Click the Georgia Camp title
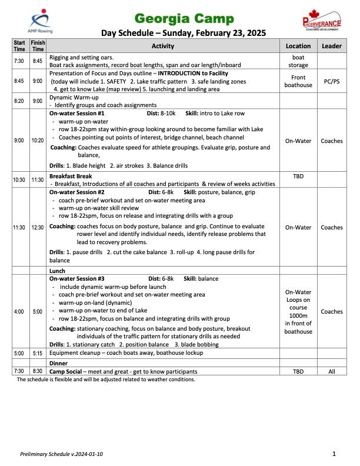click(x=184, y=18)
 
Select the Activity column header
click(x=163, y=46)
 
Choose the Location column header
click(x=298, y=46)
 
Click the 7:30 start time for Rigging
click(x=19, y=61)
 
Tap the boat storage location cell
click(x=298, y=61)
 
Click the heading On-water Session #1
click(x=77, y=113)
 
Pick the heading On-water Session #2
click(x=77, y=192)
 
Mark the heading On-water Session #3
click(x=77, y=279)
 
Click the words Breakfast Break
click(x=71, y=176)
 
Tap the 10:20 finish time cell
click(x=38, y=141)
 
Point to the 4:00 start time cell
click(x=19, y=311)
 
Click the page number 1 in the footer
click(x=334, y=454)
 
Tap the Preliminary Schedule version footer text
click(x=62, y=454)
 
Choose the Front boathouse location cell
click(x=298, y=81)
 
